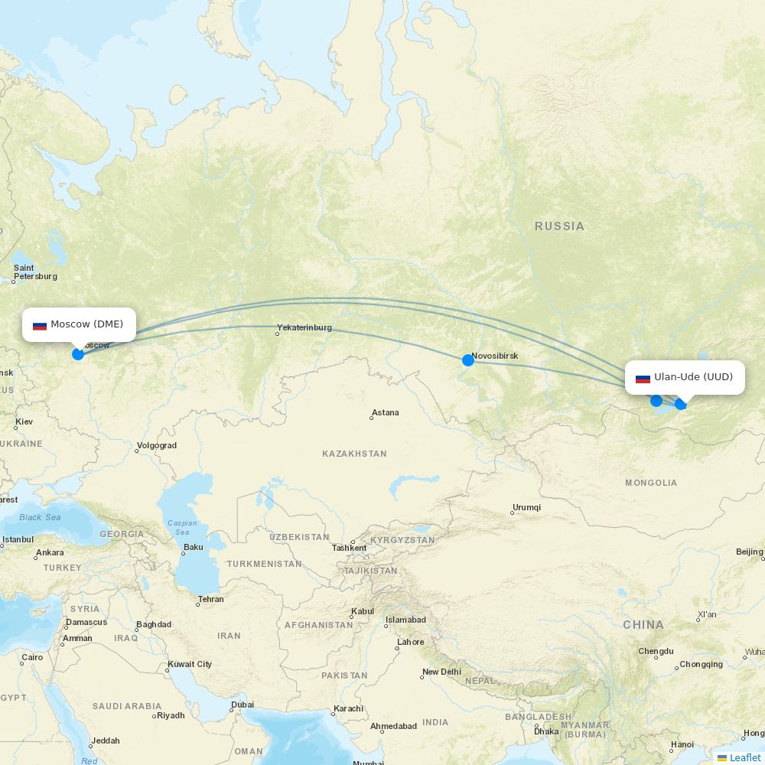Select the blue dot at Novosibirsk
[x=468, y=360]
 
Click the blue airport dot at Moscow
[x=78, y=354]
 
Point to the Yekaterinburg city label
[x=304, y=328]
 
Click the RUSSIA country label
[x=559, y=226]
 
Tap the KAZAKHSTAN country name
[x=354, y=454]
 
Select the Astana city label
[x=385, y=413]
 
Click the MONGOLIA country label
[x=651, y=483]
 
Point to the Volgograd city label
[x=157, y=446]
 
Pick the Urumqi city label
[x=526, y=508]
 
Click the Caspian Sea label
[x=182, y=528]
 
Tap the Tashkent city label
[x=350, y=549]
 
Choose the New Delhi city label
[x=441, y=672]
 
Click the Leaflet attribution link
[x=744, y=757]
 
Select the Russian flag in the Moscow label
[x=40, y=325]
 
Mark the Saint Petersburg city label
[x=34, y=272]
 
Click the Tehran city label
[x=210, y=600]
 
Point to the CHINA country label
[x=643, y=625]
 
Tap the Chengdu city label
[x=656, y=652]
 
